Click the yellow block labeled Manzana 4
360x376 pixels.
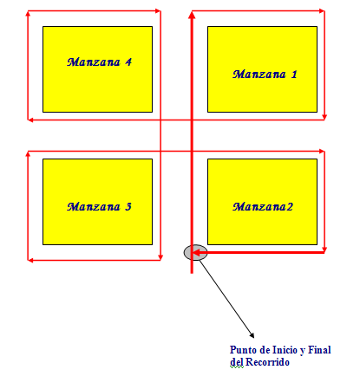click(x=97, y=69)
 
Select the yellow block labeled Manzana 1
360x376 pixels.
click(x=262, y=69)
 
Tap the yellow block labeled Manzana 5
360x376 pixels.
click(x=97, y=202)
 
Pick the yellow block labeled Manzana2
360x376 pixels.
click(x=262, y=202)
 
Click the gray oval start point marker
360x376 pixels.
click(x=195, y=252)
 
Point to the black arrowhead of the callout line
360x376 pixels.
click(x=252, y=335)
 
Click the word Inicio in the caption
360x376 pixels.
click(x=285, y=350)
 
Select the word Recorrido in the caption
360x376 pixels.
click(x=267, y=362)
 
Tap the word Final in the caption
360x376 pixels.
click(x=319, y=350)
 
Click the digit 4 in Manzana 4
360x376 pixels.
click(x=128, y=62)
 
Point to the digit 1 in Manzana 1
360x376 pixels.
click(x=294, y=75)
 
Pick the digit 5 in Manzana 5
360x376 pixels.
click(x=128, y=207)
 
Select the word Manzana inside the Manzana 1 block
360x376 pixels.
click(x=259, y=75)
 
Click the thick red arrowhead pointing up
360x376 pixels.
click(x=192, y=15)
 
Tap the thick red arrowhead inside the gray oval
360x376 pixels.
click(x=196, y=253)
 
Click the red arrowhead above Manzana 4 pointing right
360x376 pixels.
click(x=158, y=11)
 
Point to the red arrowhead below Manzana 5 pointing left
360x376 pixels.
click(x=30, y=260)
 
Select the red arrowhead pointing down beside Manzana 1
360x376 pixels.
click(x=324, y=117)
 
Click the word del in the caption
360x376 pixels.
click(x=237, y=362)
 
